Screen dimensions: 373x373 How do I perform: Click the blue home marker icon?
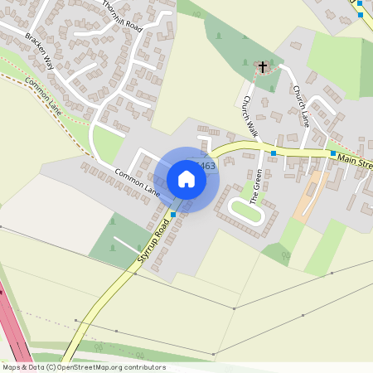(x=186, y=179)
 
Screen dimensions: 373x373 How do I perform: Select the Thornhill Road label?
(x=123, y=16)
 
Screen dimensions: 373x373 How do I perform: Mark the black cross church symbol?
(x=264, y=65)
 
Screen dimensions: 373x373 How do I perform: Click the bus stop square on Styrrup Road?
(x=173, y=215)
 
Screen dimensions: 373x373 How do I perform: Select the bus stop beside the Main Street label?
(x=333, y=153)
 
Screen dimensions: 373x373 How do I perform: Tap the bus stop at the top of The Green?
(x=274, y=153)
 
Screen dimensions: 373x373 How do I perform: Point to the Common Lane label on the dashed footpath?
(x=44, y=94)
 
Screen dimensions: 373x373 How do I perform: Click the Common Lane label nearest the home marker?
(x=137, y=182)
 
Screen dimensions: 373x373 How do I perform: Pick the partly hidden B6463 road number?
(x=207, y=166)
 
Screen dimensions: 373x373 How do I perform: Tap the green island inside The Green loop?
(x=246, y=211)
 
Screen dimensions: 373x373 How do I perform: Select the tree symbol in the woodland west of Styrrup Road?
(x=113, y=221)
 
